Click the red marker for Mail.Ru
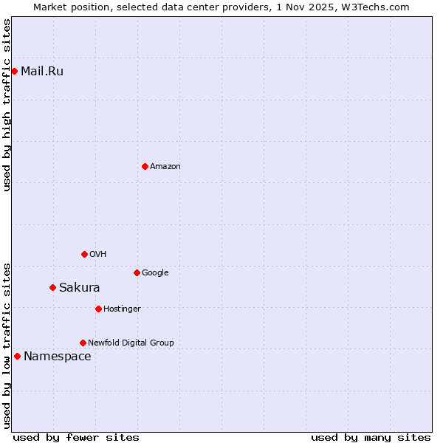14,71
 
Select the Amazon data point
145,166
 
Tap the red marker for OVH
84,254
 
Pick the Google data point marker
137,272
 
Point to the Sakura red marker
52,287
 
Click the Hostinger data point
98,309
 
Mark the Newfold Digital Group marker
83,343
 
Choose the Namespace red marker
17,356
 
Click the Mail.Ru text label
42,72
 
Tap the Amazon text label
165,167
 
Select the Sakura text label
80,288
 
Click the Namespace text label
58,357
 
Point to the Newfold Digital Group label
131,343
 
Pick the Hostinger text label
122,309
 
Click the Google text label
155,273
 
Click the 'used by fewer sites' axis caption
76,437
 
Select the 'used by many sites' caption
371,437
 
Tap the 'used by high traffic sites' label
7,105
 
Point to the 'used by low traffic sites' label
7,346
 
